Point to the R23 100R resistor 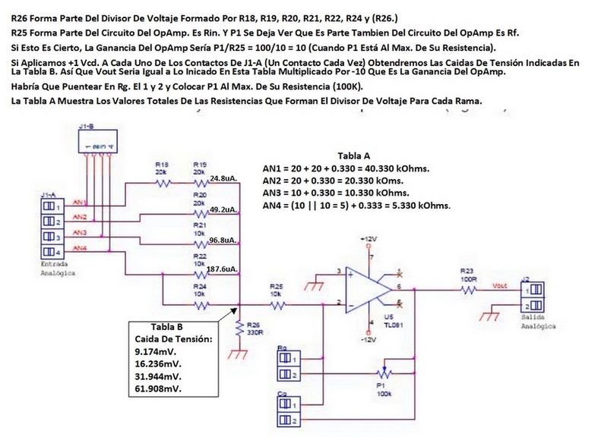pyautogui.click(x=467, y=288)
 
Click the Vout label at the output pyautogui.click(x=500, y=285)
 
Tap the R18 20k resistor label pyautogui.click(x=160, y=168)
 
